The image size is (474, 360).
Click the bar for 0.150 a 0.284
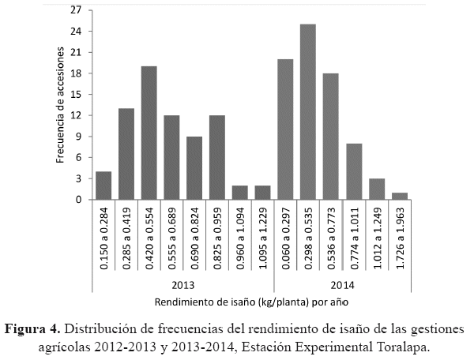point(103,186)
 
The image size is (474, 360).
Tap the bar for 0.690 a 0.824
point(194,168)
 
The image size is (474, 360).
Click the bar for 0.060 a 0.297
point(285,129)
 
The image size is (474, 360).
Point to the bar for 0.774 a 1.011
point(354,171)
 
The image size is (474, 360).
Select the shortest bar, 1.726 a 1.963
point(400,196)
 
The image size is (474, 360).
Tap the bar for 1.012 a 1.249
point(377,189)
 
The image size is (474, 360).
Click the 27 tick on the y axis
point(76,10)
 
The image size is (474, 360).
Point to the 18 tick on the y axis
point(76,73)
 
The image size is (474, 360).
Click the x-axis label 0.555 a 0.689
point(172,240)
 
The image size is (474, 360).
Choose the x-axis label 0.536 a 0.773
point(332,240)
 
